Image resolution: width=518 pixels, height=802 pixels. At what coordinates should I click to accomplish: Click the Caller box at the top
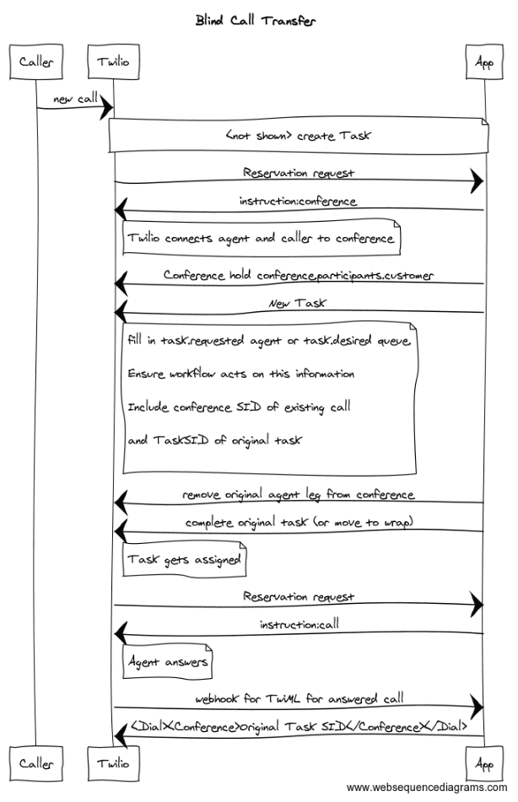(35, 62)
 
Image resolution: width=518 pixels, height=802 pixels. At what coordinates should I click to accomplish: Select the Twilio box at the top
(113, 62)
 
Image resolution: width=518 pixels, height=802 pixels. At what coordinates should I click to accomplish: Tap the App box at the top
(484, 62)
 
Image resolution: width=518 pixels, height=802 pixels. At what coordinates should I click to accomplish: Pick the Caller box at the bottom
(35, 764)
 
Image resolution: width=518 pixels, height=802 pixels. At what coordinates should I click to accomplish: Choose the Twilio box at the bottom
(113, 764)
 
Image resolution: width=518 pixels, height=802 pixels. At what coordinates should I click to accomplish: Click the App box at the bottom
(484, 764)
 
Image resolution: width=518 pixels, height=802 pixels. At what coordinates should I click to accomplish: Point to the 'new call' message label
(75, 100)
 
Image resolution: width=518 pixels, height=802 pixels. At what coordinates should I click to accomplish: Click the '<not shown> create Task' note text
(298, 136)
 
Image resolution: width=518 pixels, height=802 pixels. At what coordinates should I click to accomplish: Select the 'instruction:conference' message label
(298, 202)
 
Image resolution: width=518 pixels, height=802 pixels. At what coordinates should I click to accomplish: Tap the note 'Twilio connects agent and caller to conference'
(261, 239)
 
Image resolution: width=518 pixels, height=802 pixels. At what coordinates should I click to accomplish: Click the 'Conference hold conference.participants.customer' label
(299, 275)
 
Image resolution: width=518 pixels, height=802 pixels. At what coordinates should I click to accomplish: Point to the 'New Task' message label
(298, 304)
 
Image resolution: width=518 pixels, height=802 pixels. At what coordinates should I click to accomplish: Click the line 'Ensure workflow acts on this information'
(241, 374)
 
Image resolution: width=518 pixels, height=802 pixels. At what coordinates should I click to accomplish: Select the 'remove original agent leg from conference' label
(298, 493)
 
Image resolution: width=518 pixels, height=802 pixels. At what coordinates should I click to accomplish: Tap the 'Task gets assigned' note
(184, 560)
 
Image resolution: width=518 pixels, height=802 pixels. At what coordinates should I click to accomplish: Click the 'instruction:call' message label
(298, 625)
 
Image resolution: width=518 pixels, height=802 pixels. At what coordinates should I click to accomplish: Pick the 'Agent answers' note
(167, 662)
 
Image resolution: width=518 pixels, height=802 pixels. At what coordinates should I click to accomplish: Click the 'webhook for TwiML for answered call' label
(299, 698)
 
